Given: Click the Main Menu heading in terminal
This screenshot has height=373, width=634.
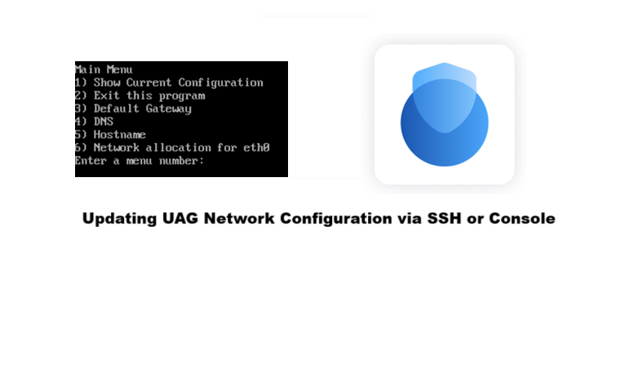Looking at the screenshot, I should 104,69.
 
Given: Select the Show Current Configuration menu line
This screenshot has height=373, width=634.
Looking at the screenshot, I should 169,82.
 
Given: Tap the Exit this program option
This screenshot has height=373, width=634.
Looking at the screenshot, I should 140,95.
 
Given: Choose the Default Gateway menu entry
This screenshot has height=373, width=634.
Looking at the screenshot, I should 133,109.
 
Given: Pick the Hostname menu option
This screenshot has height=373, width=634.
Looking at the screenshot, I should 110,135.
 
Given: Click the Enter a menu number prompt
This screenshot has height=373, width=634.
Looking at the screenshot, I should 139,161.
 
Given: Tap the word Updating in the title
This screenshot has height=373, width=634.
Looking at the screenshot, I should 118,219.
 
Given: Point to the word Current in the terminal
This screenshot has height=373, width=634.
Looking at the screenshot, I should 149,82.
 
